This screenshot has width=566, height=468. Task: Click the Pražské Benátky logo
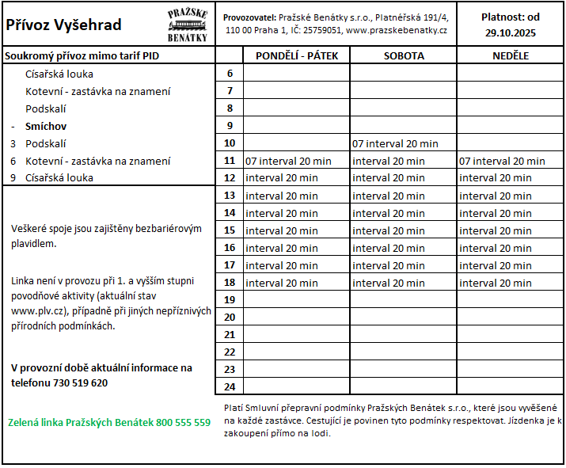click(188, 25)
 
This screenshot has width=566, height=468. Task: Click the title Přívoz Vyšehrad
click(63, 25)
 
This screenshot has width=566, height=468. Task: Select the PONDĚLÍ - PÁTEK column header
click(296, 55)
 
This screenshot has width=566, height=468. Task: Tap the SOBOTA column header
click(404, 55)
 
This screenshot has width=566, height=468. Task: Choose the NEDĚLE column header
click(510, 55)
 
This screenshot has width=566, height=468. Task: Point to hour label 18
click(230, 283)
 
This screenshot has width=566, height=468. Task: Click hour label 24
click(230, 386)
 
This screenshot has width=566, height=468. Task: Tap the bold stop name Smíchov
click(46, 126)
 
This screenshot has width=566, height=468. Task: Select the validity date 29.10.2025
click(511, 32)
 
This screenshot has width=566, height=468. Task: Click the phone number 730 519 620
click(80, 382)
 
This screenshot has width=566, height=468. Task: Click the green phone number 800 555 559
click(184, 422)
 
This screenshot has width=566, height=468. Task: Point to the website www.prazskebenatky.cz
click(397, 30)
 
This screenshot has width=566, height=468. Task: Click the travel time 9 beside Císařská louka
click(13, 177)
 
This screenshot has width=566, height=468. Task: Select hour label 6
click(230, 74)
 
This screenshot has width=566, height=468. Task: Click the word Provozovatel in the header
click(249, 17)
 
